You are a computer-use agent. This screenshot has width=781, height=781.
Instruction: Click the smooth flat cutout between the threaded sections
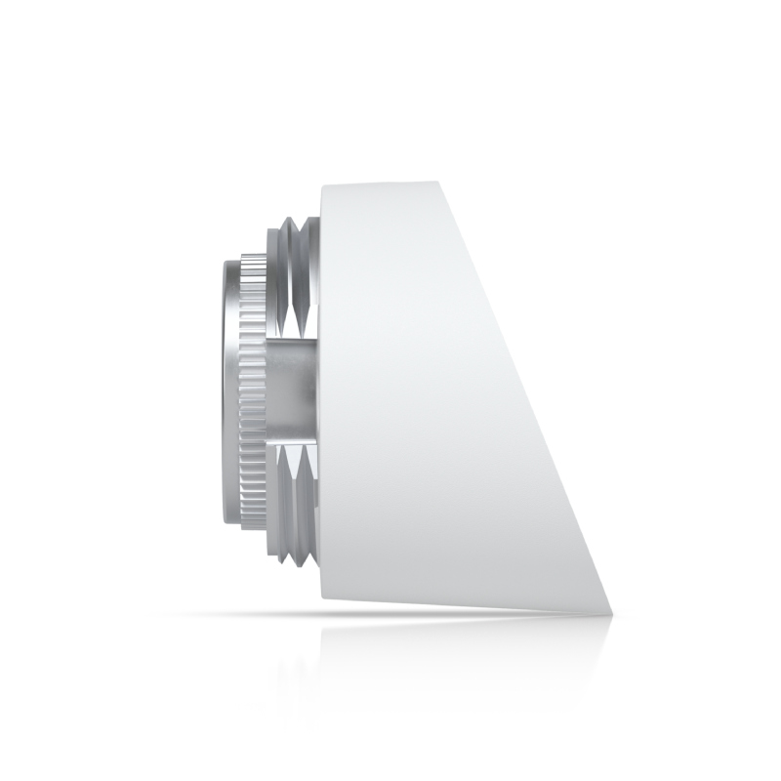tap(293, 390)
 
